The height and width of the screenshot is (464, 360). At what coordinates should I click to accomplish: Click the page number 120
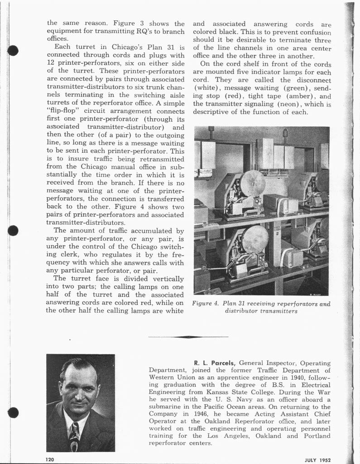[50, 459]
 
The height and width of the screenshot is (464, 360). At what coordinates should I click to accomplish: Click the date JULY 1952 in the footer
[317, 459]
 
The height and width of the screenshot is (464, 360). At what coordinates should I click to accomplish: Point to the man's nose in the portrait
[80, 388]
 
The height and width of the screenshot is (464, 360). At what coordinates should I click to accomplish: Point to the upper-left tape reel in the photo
[253, 183]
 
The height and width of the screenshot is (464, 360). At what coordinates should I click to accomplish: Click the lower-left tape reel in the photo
[254, 240]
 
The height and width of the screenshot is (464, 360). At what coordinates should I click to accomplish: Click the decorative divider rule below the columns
[188, 337]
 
